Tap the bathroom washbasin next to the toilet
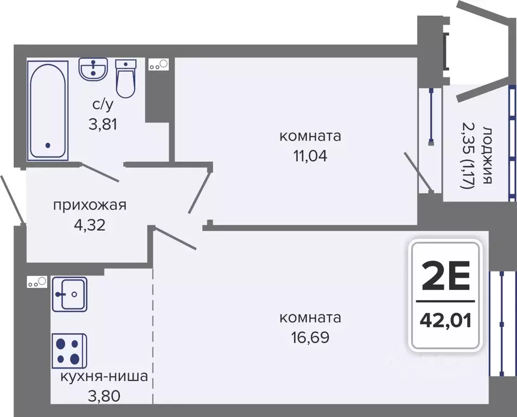click(x=94, y=69)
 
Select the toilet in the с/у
click(x=126, y=79)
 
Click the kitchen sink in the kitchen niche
click(x=69, y=294)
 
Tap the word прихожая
click(x=90, y=205)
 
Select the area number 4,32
click(x=90, y=224)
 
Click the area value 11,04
click(x=310, y=156)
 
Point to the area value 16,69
click(x=310, y=337)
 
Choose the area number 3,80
click(x=104, y=395)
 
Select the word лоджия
click(x=487, y=156)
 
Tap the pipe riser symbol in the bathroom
click(x=158, y=65)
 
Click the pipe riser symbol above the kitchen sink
click(x=37, y=282)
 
